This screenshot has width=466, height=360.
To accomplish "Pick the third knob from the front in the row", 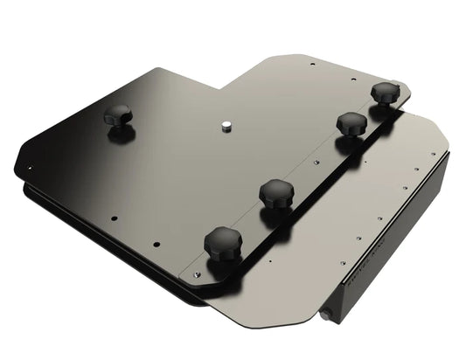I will (351, 122).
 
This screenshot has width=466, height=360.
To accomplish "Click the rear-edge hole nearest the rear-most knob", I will (354, 79).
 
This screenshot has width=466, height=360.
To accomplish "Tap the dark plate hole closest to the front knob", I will (158, 244).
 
